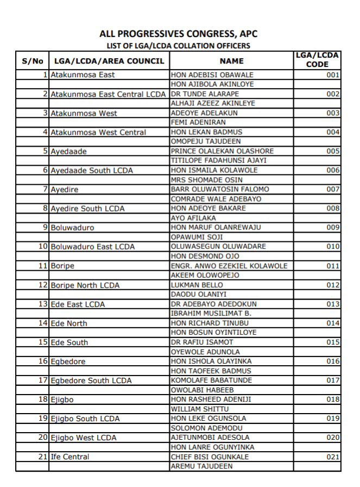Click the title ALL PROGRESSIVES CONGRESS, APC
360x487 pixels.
[179, 34]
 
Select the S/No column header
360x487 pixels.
[32, 61]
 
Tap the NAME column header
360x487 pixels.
[231, 61]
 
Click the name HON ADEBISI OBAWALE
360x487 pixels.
[205, 75]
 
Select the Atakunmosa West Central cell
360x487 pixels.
[98, 132]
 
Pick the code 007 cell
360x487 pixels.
[333, 189]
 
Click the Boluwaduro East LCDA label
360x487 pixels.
[93, 247]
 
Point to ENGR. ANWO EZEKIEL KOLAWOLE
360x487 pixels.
[229, 266]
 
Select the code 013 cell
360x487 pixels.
[333, 304]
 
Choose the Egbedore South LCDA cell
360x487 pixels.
[91, 380]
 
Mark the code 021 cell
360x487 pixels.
[333, 457]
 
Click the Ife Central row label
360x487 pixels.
[70, 457]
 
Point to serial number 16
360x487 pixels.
[43, 361]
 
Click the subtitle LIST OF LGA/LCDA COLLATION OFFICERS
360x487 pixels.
[179, 46]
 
